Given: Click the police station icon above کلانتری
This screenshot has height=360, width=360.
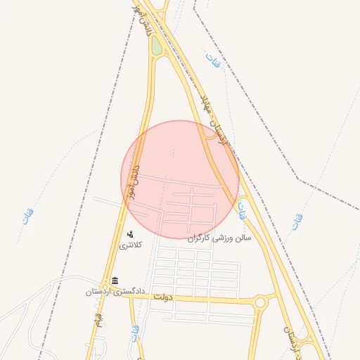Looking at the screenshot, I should (130, 234).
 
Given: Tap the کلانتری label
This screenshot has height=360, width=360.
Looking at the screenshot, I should (130, 245).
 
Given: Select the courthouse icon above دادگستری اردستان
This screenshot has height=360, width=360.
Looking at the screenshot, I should (115, 281).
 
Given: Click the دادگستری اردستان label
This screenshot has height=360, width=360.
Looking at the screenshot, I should (115, 290).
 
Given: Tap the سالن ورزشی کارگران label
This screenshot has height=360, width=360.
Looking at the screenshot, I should (219, 238).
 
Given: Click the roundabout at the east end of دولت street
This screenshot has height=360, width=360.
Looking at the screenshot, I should (261, 302).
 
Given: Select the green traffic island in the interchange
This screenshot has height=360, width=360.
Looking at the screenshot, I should (156, 46).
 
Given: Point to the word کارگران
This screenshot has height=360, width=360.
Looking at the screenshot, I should (200, 238).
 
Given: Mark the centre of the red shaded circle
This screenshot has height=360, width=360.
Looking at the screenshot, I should (180, 179).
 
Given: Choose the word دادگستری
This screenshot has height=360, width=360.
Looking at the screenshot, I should (129, 290).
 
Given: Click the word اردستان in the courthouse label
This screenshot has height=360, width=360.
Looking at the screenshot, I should (100, 290).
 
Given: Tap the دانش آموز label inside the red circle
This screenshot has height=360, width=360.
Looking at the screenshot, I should (132, 180).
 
